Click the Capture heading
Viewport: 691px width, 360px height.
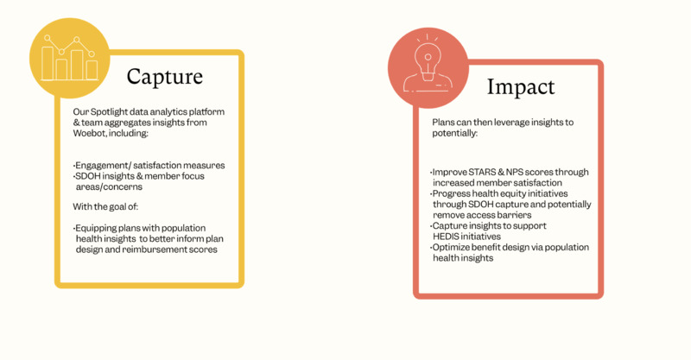tap(164, 77)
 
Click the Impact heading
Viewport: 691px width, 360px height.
tap(521, 86)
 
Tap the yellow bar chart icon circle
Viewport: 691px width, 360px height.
tap(70, 58)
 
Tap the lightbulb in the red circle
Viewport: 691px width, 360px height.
tap(428, 62)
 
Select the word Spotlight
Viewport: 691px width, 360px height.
tap(109, 112)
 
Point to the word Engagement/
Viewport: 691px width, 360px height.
tap(103, 166)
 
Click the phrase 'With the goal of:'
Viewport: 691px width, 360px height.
tap(105, 206)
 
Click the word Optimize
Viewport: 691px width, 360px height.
tap(452, 247)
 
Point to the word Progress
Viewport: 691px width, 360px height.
tap(451, 194)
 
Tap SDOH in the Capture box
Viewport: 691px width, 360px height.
tap(87, 176)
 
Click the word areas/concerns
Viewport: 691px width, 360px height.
tap(109, 186)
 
